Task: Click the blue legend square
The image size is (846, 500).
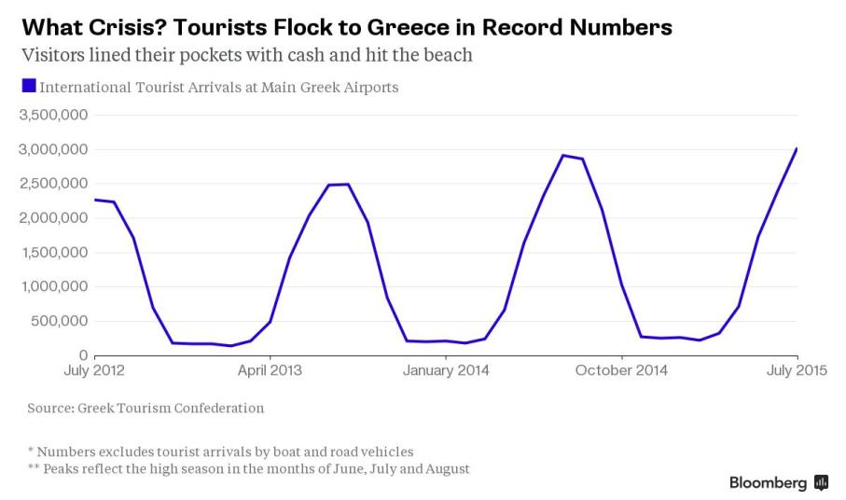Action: (29, 87)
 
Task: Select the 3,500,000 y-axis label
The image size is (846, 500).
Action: (53, 116)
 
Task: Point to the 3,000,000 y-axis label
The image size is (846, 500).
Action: (53, 149)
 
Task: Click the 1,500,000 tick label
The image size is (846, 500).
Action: (53, 253)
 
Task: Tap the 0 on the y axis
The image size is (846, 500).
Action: (83, 356)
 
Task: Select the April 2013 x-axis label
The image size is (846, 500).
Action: (270, 371)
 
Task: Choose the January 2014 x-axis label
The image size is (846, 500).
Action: (446, 371)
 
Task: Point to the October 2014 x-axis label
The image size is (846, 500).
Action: (621, 371)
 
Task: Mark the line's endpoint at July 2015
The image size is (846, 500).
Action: (797, 148)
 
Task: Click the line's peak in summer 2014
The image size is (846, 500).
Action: (562, 155)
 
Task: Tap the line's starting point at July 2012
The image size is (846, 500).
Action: (95, 200)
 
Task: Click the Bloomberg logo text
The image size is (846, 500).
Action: (768, 482)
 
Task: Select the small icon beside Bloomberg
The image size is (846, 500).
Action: (821, 482)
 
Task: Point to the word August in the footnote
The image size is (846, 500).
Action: (447, 468)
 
